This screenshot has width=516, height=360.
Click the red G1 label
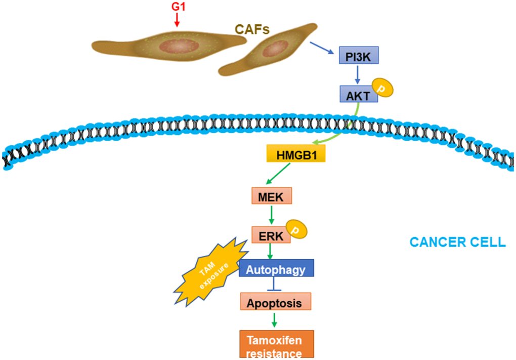pos(177,8)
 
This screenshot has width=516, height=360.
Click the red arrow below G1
pos(177,20)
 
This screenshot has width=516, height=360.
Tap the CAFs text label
pos(251,29)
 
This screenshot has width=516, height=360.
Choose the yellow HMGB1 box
pos(295,154)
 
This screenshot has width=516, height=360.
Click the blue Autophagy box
pos(276,269)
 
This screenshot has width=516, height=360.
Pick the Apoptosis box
pos(275,303)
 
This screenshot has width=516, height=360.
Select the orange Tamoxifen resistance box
pos(276,344)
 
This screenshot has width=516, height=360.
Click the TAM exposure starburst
pos(210,270)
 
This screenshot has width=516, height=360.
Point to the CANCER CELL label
pos(457,242)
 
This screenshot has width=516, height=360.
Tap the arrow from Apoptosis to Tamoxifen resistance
pos(274,319)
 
